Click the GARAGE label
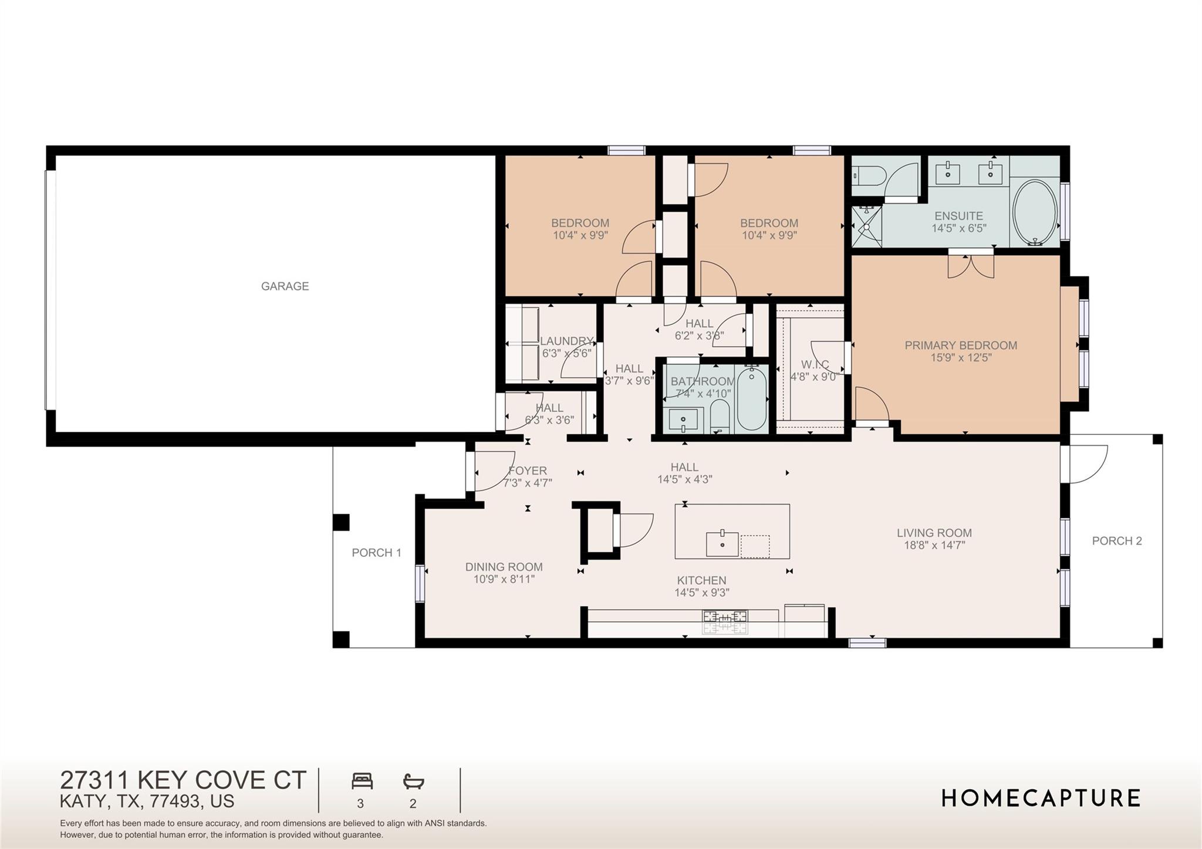285,286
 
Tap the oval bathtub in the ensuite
1035,212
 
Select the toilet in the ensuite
865,174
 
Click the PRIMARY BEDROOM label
960,346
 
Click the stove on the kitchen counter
725,622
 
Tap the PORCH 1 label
376,553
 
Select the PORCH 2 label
1116,541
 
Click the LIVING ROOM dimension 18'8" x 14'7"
934,545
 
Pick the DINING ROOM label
504,567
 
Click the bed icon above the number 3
362,782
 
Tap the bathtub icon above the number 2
413,782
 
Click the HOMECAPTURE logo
1041,799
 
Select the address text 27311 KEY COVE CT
183,780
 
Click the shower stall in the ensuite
866,226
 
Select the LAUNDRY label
566,341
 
